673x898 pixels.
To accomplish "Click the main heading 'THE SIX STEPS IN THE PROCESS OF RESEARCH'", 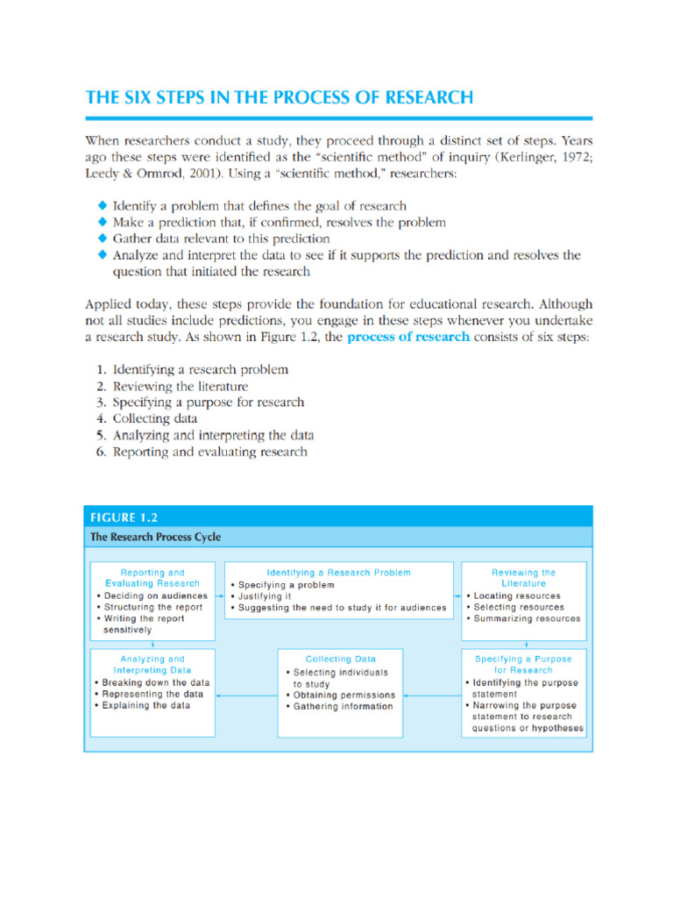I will click(279, 97).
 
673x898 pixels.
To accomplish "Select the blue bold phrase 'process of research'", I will click(408, 336).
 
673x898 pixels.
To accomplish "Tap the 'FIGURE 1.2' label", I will click(123, 517).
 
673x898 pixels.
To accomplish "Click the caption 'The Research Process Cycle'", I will click(155, 537).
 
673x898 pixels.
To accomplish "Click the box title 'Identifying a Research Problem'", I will click(336, 573).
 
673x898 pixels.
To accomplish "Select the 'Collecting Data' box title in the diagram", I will click(341, 659).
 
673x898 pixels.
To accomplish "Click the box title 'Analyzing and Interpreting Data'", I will click(152, 664).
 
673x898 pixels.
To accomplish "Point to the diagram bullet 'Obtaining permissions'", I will click(344, 695).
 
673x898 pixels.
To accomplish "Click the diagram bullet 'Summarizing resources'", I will click(527, 618).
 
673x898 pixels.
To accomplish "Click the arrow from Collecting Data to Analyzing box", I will click(246, 695).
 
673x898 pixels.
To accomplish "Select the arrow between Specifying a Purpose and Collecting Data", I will click(431, 695).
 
